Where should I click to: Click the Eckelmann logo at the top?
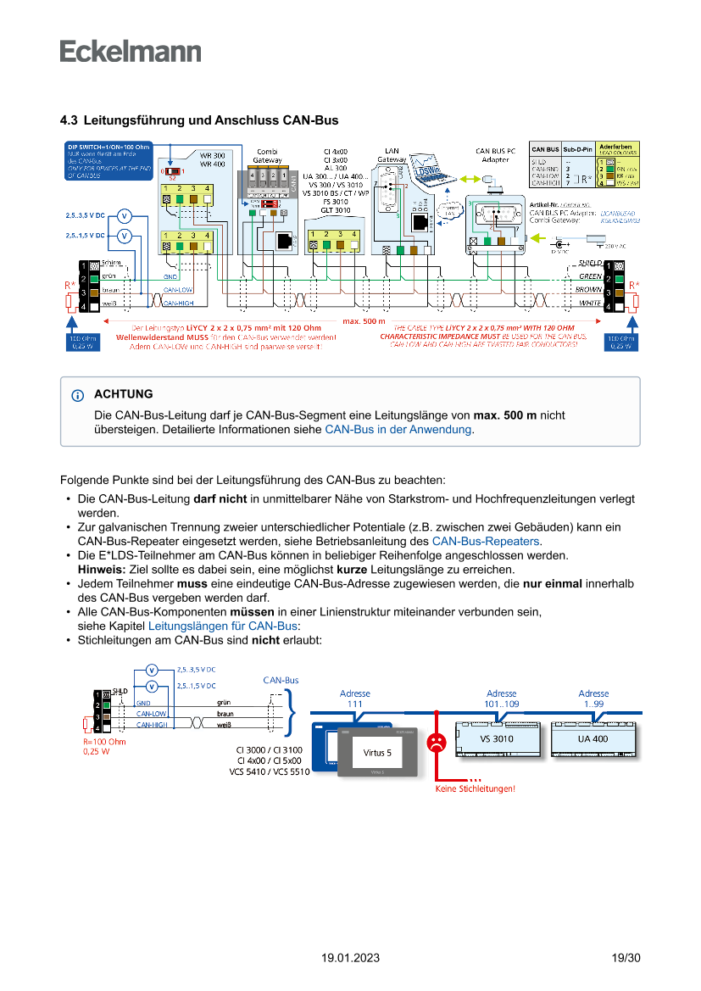point(131,51)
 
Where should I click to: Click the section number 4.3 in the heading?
point(69,120)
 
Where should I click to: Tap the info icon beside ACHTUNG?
point(78,395)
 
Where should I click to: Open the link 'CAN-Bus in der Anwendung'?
point(398,430)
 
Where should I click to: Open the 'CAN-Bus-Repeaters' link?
point(486,541)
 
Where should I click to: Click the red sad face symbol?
point(436,743)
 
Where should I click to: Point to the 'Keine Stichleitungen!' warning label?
point(475,788)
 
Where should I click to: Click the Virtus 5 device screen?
point(377,752)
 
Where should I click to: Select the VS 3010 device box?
point(497,739)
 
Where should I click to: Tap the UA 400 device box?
point(593,739)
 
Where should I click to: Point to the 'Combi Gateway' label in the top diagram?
point(268,155)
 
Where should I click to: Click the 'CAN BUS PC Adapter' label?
point(495,155)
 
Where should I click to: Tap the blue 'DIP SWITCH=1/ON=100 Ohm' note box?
point(108,160)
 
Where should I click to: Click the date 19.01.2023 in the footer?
point(350,958)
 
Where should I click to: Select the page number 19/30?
point(626,958)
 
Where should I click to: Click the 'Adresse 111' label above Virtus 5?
point(354,699)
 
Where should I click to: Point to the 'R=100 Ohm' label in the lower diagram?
point(103,742)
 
